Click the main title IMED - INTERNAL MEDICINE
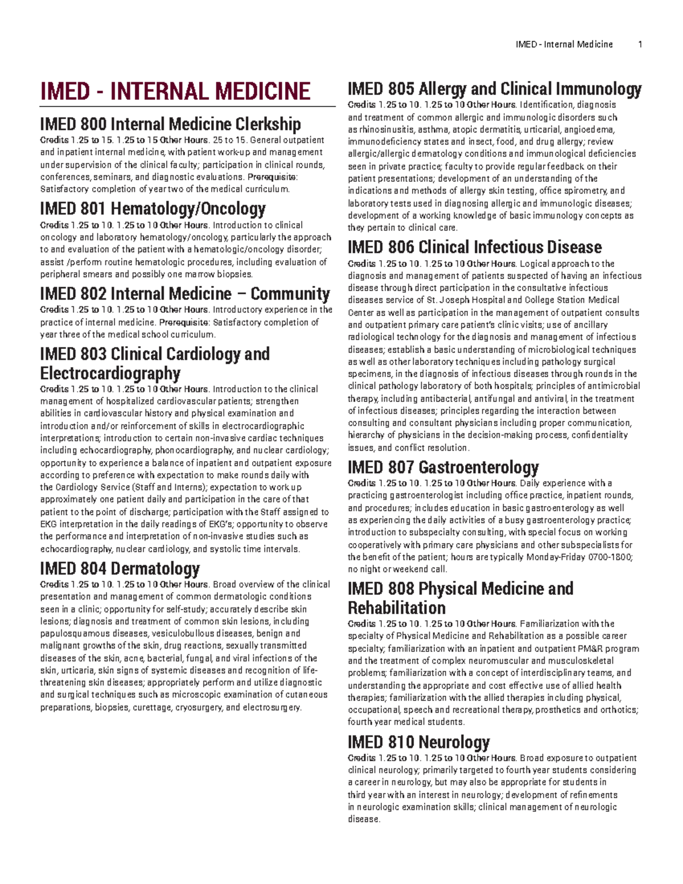(x=175, y=92)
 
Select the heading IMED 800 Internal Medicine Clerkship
(x=170, y=124)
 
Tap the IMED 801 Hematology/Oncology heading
(x=153, y=209)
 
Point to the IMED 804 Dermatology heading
(x=120, y=568)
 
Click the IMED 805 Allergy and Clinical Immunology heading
(x=494, y=89)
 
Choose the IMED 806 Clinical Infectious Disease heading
(x=474, y=247)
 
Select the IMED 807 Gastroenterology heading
(x=443, y=467)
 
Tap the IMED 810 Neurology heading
(x=418, y=742)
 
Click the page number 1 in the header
(x=640, y=44)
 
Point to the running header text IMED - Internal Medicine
(x=563, y=44)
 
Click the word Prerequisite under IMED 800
(x=272, y=177)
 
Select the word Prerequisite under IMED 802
(x=183, y=323)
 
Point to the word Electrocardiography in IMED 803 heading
(x=110, y=373)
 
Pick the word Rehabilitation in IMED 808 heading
(x=396, y=607)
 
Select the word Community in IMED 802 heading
(x=290, y=294)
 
